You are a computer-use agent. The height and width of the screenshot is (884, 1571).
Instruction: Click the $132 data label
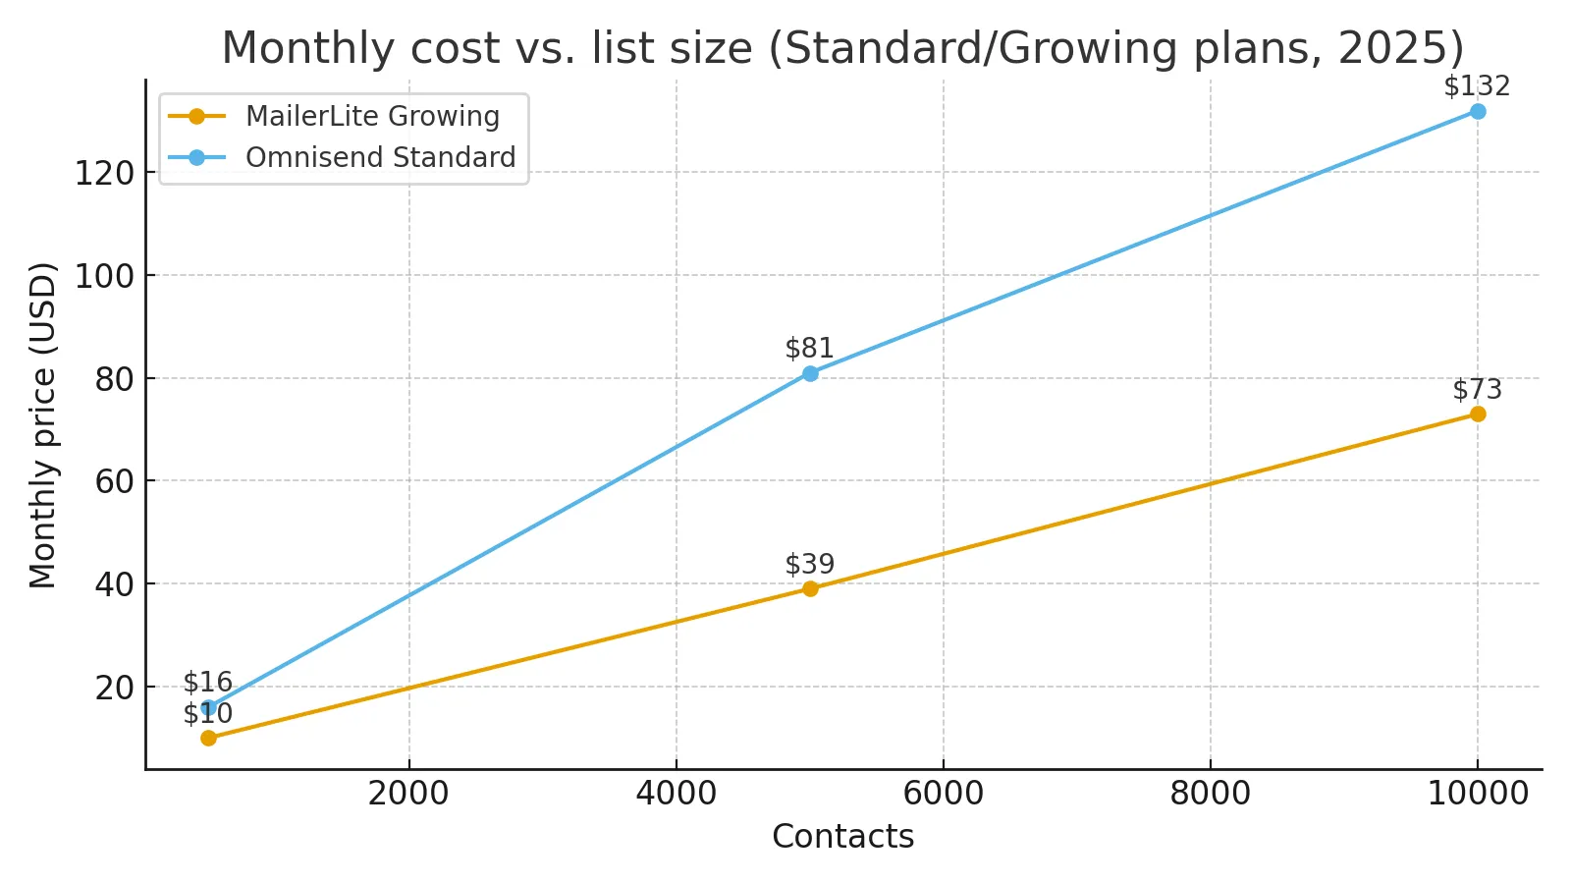pyautogui.click(x=1477, y=86)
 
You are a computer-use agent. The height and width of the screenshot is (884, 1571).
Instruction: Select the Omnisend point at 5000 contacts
pyautogui.click(x=810, y=373)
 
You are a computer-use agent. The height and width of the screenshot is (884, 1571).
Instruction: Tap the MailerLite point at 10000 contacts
pyautogui.click(x=1478, y=414)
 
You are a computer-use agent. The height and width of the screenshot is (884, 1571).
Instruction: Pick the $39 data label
pyautogui.click(x=810, y=565)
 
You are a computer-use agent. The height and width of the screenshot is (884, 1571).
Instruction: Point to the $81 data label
pyautogui.click(x=810, y=349)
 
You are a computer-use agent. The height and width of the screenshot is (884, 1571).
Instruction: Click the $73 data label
pyautogui.click(x=1477, y=390)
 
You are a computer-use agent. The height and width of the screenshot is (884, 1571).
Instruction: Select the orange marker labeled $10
pyautogui.click(x=208, y=738)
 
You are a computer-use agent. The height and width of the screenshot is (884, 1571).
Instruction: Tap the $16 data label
pyautogui.click(x=208, y=682)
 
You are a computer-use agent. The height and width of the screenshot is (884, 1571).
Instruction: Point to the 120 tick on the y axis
pyautogui.click(x=103, y=174)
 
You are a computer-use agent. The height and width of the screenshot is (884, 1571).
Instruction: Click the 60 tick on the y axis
pyautogui.click(x=113, y=481)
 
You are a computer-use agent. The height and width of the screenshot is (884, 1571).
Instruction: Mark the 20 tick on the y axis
pyautogui.click(x=113, y=688)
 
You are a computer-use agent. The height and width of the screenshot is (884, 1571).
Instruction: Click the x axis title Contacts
pyautogui.click(x=842, y=837)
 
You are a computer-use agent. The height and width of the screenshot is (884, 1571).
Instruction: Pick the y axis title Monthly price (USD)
pyautogui.click(x=42, y=424)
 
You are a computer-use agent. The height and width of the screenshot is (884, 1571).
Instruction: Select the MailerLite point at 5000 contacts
pyautogui.click(x=810, y=588)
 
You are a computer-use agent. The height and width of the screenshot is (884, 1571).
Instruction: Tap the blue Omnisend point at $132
pyautogui.click(x=1478, y=111)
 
